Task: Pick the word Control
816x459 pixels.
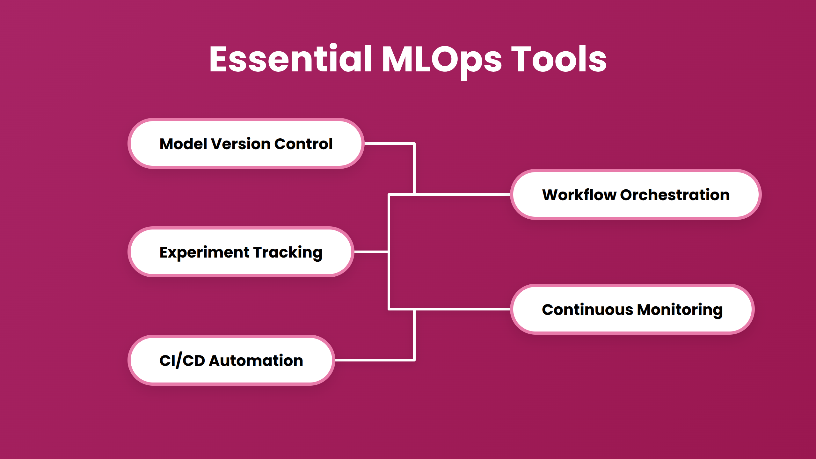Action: (303, 144)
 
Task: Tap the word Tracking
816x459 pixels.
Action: (288, 252)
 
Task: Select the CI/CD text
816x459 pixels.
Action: (182, 361)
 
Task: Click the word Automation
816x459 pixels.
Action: (256, 361)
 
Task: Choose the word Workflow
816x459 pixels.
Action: (579, 195)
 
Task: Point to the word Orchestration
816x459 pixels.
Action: (674, 195)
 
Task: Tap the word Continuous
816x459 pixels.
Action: (587, 310)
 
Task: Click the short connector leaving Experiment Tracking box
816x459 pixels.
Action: (371, 252)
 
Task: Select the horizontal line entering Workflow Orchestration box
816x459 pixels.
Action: (462, 194)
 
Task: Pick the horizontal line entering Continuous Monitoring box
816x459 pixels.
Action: (462, 309)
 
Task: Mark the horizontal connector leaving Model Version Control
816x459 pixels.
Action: (389, 143)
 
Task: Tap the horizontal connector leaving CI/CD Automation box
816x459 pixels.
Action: (375, 360)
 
